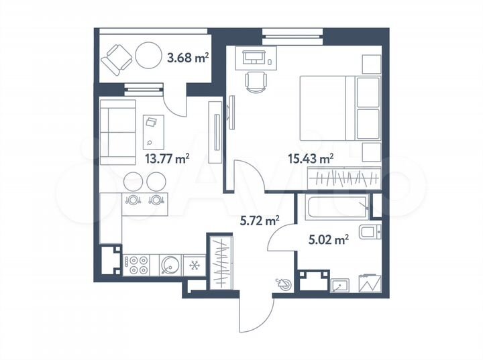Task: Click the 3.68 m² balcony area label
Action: (x=187, y=58)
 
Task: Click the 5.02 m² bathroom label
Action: (x=329, y=239)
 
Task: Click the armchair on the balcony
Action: (x=117, y=59)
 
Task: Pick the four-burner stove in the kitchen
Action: (x=138, y=265)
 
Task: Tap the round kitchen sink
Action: (x=169, y=265)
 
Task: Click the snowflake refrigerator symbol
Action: (x=195, y=265)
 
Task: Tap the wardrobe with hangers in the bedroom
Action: (x=343, y=179)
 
